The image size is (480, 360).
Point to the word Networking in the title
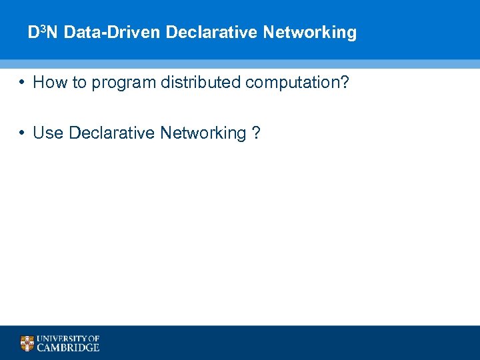[x=310, y=32]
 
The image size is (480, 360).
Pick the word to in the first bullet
[x=76, y=83]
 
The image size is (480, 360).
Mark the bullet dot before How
[x=22, y=83]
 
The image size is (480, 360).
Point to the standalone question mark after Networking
[x=257, y=133]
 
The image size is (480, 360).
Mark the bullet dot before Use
[x=22, y=133]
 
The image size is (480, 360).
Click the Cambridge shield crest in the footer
[x=27, y=343]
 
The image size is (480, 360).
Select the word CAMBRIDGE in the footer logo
[x=68, y=347]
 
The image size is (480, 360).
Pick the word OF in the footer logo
[x=93, y=339]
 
